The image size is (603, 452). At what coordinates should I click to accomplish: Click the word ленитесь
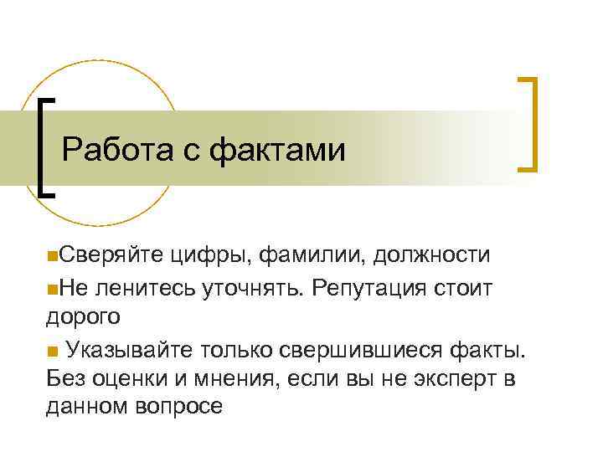point(147,288)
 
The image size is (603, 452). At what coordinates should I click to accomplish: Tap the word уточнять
point(251,288)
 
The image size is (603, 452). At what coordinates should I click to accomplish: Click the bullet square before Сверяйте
point(52,254)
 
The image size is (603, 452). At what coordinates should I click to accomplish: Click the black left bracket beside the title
point(44,146)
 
